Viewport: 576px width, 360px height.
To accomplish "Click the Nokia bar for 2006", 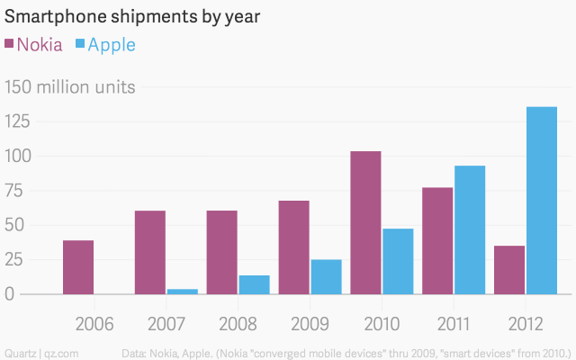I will click(78, 267).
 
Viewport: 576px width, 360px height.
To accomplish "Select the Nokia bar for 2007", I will click(150, 252).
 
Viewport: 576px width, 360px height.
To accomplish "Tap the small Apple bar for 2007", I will click(182, 291).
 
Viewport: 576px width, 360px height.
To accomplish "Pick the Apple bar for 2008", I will click(254, 284).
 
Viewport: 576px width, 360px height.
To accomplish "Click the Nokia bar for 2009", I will click(294, 247).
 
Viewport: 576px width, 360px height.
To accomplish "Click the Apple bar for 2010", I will click(398, 261).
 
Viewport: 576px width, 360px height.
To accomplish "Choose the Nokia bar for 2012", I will click(510, 270).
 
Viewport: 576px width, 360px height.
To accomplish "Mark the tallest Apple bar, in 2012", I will click(542, 201).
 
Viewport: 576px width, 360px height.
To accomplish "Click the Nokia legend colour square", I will click(10, 44).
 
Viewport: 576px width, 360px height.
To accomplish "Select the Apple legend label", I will click(112, 44).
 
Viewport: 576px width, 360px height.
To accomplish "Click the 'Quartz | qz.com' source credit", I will click(40, 350).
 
